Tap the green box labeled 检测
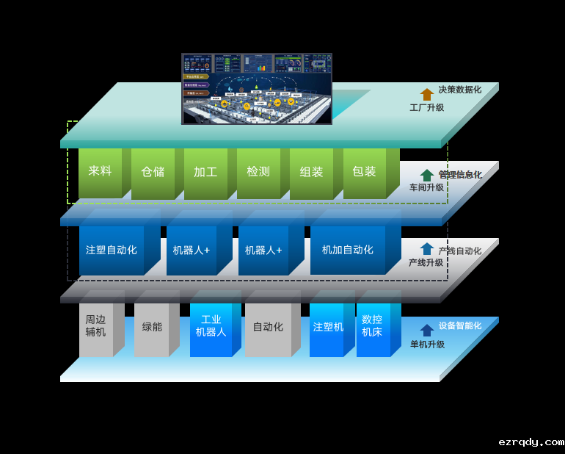[x=258, y=173]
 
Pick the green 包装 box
[x=364, y=173]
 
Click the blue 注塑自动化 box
[x=112, y=250]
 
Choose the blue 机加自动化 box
[x=348, y=250]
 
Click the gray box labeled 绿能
[x=153, y=327]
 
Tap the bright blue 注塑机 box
[x=327, y=327]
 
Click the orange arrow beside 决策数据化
[x=426, y=94]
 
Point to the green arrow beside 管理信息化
[x=426, y=175]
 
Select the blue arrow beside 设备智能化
[x=426, y=330]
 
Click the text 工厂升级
[x=426, y=108]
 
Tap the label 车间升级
[x=426, y=188]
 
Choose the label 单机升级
[x=426, y=345]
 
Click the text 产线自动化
[x=459, y=251]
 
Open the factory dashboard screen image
[x=257, y=88]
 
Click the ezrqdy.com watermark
[x=531, y=442]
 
